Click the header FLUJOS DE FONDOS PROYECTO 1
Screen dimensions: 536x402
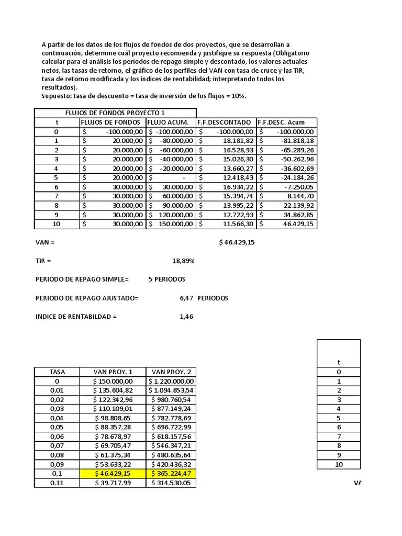(x=115, y=113)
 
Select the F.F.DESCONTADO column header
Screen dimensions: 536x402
(x=224, y=122)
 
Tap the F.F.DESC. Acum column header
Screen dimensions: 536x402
(x=281, y=122)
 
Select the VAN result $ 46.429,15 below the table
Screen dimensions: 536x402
(x=237, y=242)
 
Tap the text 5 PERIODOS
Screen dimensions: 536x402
(x=166, y=280)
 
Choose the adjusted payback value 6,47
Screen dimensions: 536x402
(x=186, y=298)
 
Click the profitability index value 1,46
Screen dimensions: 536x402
(x=186, y=317)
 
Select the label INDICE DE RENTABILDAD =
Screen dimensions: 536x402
(x=76, y=317)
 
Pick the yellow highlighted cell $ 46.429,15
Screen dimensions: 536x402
(x=113, y=474)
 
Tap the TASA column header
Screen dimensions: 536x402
(x=57, y=372)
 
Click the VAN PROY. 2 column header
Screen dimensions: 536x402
(x=171, y=372)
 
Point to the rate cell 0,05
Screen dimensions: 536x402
(x=57, y=427)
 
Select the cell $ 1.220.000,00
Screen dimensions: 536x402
(x=171, y=382)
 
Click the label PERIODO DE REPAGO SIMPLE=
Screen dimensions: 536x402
(x=82, y=280)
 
